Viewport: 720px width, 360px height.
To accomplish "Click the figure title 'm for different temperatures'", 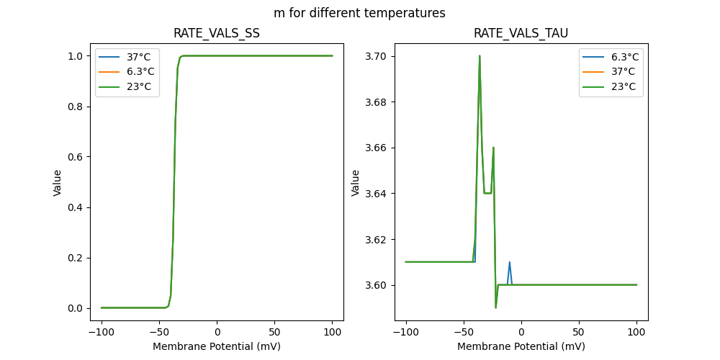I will tap(359, 13).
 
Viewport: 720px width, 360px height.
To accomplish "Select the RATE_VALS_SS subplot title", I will tap(217, 33).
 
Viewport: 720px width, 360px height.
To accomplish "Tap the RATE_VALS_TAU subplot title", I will tap(521, 33).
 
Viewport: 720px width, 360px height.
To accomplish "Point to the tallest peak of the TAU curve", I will tap(480, 56).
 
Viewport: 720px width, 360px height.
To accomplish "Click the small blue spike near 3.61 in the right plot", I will tap(509, 263).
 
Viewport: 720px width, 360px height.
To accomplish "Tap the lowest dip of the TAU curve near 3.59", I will tap(495, 307).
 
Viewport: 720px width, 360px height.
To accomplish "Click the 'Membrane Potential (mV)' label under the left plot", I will tap(217, 346).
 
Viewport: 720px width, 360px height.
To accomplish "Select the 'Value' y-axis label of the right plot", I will tap(356, 182).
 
